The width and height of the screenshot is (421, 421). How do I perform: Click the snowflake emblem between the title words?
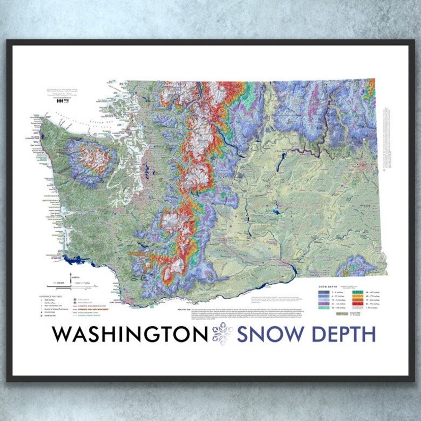pyautogui.click(x=222, y=335)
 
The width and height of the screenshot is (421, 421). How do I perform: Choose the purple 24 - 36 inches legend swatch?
pyautogui.click(x=321, y=303)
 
